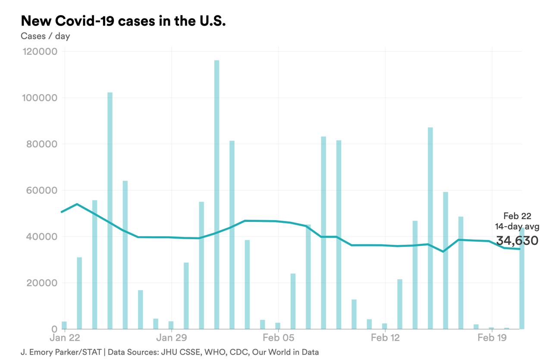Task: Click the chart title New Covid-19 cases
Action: click(x=123, y=21)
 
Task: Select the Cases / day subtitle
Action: click(x=45, y=36)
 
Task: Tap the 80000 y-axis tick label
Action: click(x=41, y=144)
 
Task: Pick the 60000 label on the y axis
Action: click(x=41, y=190)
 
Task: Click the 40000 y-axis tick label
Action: click(x=41, y=237)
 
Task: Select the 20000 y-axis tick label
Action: click(x=41, y=283)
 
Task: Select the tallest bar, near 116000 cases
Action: click(x=217, y=194)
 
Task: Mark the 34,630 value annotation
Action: click(x=517, y=240)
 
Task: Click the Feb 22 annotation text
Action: click(x=517, y=216)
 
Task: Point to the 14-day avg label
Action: click(x=517, y=226)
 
